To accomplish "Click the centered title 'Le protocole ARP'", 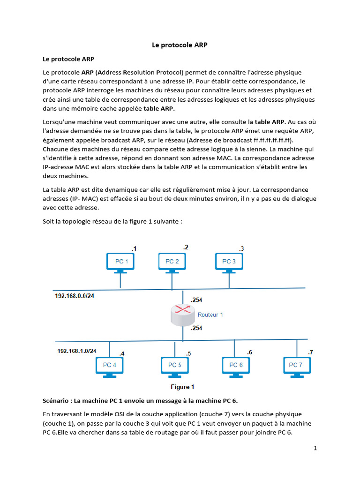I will pos(180,45).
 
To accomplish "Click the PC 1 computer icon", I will pos(121,263).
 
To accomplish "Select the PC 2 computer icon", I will pos(172,263).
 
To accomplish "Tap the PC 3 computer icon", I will pos(229,263).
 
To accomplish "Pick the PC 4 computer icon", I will pos(109,366).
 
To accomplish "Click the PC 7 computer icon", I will pos(297,366).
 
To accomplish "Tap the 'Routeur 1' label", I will pos(210,315).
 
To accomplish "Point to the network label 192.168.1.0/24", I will pos(76,351).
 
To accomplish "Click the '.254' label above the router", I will pos(196,300).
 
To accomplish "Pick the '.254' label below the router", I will pos(196,329).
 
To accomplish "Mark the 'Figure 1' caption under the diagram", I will pos(182,387).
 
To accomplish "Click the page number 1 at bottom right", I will pos(315,448).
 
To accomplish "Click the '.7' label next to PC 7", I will pos(310,352).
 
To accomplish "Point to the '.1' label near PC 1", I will pos(134,248).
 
